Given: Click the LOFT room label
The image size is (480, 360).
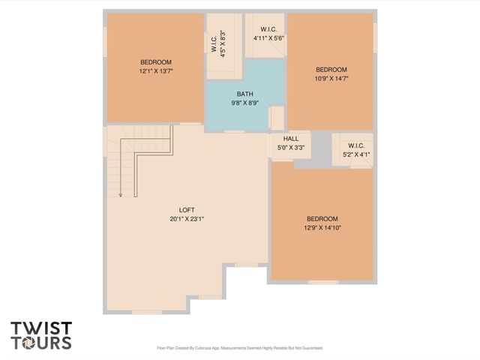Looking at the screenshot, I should click(187, 209).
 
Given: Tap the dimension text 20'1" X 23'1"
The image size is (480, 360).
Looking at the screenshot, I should click(187, 219).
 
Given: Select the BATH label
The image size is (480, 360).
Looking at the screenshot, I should click(245, 94).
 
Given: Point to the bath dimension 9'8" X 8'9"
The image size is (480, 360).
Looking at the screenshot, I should click(245, 103).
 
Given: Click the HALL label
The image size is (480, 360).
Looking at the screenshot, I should click(290, 139).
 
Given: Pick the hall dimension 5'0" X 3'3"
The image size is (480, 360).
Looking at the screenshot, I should click(290, 148).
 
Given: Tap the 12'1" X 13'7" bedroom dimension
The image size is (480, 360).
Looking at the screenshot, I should click(156, 71).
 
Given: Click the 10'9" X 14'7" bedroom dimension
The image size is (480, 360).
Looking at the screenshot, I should click(331, 78).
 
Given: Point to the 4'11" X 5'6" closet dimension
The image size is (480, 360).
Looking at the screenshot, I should click(268, 37).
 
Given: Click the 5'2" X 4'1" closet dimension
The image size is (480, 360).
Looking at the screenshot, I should click(356, 154).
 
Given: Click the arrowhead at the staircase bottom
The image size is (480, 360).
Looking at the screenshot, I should click(120, 195).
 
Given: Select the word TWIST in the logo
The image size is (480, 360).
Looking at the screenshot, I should click(41, 328).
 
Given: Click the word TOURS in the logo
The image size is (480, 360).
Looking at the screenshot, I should click(41, 343).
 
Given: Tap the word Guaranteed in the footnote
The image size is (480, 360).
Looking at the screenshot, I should click(307, 348).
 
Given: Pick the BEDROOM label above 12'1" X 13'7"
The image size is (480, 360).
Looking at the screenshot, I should click(156, 62).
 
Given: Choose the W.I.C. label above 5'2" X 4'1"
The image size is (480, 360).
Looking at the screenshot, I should click(355, 145).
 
